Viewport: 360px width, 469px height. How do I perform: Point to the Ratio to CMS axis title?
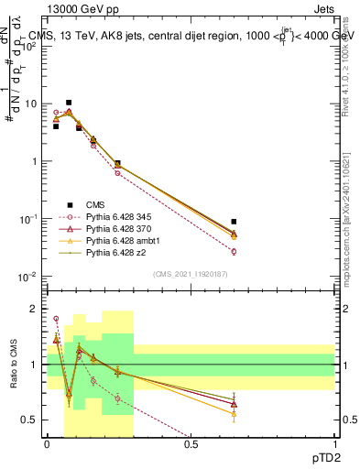click(x=13, y=365)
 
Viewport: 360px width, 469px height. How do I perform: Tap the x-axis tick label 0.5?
click(x=191, y=444)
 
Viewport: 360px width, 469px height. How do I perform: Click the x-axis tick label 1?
click(x=334, y=444)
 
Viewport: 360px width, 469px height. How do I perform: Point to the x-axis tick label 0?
click(x=47, y=444)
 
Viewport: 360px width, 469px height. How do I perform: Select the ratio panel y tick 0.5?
click(x=33, y=420)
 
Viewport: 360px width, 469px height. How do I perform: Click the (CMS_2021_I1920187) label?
click(x=191, y=274)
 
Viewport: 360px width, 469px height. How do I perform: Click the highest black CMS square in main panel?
click(x=69, y=103)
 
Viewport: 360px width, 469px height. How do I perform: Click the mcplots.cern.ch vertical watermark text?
click(x=353, y=229)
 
